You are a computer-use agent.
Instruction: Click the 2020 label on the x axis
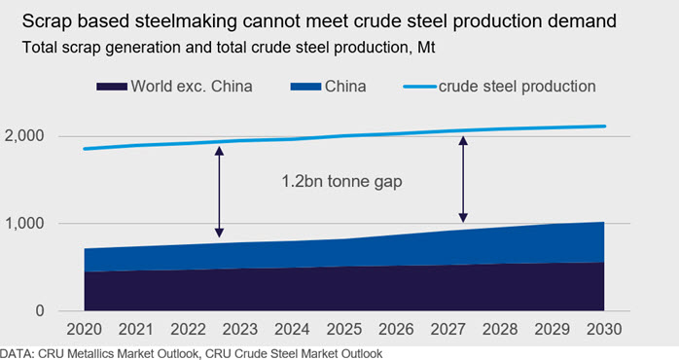click(x=84, y=329)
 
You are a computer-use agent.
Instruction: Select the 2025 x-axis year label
click(x=343, y=329)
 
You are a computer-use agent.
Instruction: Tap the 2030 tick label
click(x=604, y=329)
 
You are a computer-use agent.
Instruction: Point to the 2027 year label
click(x=447, y=329)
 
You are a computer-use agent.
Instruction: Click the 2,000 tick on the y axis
click(x=24, y=136)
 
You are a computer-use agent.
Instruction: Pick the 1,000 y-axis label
click(x=24, y=224)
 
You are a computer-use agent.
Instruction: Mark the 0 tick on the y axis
click(x=40, y=310)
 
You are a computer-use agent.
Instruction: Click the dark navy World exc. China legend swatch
click(x=112, y=87)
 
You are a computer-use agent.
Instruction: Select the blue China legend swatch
click(x=305, y=87)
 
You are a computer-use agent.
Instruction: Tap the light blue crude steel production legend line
click(x=419, y=87)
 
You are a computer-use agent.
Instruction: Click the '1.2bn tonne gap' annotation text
click(x=341, y=181)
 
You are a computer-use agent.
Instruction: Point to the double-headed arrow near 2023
click(x=220, y=192)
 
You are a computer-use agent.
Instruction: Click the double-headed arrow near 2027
click(x=463, y=179)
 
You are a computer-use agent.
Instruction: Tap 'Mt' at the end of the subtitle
click(x=426, y=47)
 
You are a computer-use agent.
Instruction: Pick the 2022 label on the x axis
click(x=188, y=329)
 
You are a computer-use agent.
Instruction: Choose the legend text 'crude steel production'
click(x=518, y=87)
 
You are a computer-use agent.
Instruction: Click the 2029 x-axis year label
click(x=552, y=329)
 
